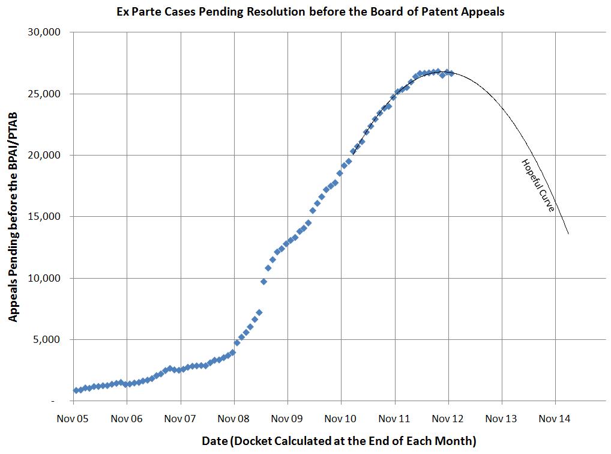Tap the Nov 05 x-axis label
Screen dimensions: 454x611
[x=73, y=418]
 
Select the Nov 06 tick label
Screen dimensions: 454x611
[x=127, y=418]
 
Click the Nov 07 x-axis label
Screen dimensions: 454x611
[x=180, y=418]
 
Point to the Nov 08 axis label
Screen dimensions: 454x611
[x=233, y=418]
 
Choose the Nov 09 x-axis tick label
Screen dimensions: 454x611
[x=287, y=418]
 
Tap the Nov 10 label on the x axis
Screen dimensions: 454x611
[x=341, y=418]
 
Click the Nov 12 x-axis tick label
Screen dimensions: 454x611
[x=448, y=418]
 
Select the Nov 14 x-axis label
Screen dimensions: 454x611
[x=555, y=418]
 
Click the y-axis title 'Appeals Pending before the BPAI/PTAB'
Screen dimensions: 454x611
[x=13, y=216]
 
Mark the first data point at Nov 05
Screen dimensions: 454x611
[x=76, y=390]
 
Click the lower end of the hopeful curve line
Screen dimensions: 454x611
[x=568, y=233]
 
